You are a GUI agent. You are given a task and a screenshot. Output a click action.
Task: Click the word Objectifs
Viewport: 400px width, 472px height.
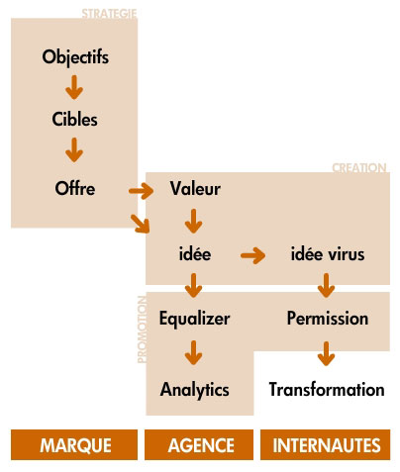[x=75, y=57]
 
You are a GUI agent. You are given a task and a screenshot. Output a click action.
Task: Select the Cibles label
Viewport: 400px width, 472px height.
[x=74, y=119]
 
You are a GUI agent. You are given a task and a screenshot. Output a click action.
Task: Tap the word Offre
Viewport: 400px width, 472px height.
[x=75, y=188]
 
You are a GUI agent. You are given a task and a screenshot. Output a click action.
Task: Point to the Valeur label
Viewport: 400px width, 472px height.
[x=195, y=189]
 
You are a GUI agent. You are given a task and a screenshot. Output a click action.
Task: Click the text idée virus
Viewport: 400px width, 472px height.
[x=328, y=254]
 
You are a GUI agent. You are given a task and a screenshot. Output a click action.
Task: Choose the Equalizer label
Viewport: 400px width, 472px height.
[x=194, y=319]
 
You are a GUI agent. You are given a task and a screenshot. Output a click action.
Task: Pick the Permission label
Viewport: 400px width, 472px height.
[x=328, y=319]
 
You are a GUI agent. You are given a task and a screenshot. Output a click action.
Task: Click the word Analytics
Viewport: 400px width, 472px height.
[x=195, y=390]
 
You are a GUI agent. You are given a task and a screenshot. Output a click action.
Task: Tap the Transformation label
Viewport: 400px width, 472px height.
[x=327, y=389]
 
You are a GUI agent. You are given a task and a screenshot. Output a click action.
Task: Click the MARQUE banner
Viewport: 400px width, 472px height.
[x=74, y=444]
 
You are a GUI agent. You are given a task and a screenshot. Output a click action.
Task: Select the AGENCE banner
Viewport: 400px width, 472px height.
[x=199, y=444]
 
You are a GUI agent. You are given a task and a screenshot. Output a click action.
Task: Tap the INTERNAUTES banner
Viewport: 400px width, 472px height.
[x=326, y=444]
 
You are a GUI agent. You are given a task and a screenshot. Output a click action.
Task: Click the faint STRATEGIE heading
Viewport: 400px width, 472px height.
[x=109, y=14]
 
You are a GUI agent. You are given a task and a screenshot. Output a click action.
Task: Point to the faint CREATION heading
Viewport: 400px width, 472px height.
[x=359, y=168]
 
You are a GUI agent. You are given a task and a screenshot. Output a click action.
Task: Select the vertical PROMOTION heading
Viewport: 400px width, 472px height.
[x=142, y=330]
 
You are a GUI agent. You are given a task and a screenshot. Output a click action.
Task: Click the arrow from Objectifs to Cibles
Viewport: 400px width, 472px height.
[x=74, y=87]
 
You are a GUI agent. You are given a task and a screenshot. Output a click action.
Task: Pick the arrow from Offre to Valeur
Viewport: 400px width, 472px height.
[x=142, y=191]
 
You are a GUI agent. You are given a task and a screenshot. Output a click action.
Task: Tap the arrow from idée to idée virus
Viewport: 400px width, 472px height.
[x=253, y=255]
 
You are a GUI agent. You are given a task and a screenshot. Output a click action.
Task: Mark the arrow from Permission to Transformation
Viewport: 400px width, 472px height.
[x=327, y=353]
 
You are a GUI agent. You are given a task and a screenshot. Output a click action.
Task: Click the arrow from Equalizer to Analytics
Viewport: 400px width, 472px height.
[x=194, y=353]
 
